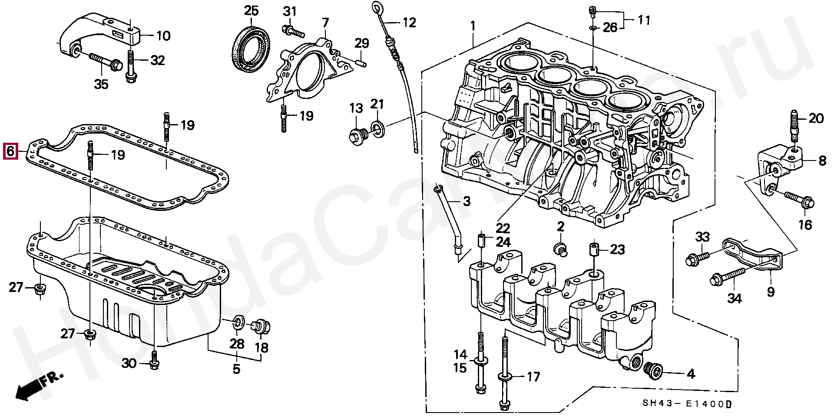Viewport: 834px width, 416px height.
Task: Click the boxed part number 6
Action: pos(10,151)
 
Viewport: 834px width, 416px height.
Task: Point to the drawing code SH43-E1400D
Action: pos(687,404)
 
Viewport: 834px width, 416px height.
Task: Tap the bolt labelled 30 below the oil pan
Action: pos(153,362)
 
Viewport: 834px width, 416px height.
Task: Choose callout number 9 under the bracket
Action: pos(770,291)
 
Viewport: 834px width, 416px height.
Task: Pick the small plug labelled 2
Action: pos(560,249)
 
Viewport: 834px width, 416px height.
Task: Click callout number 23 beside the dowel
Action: pos(617,249)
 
